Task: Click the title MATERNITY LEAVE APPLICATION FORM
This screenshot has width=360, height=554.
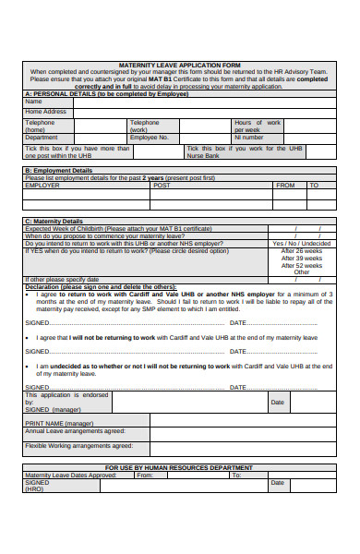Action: [179, 66]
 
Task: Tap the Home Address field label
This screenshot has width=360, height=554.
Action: [46, 112]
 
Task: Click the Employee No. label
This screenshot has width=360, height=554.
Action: [150, 138]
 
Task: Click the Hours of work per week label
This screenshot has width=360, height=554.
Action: [258, 126]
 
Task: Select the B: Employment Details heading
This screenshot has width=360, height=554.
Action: [59, 170]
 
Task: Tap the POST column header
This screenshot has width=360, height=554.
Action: [162, 185]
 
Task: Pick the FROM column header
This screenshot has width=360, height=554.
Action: [286, 185]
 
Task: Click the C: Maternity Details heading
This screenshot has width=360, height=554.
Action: [54, 221]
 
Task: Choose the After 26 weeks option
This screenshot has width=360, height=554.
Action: [302, 250]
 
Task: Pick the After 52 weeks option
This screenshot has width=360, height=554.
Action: [302, 265]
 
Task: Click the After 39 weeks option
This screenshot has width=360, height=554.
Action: [302, 258]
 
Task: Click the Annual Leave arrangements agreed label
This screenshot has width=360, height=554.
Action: [75, 430]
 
